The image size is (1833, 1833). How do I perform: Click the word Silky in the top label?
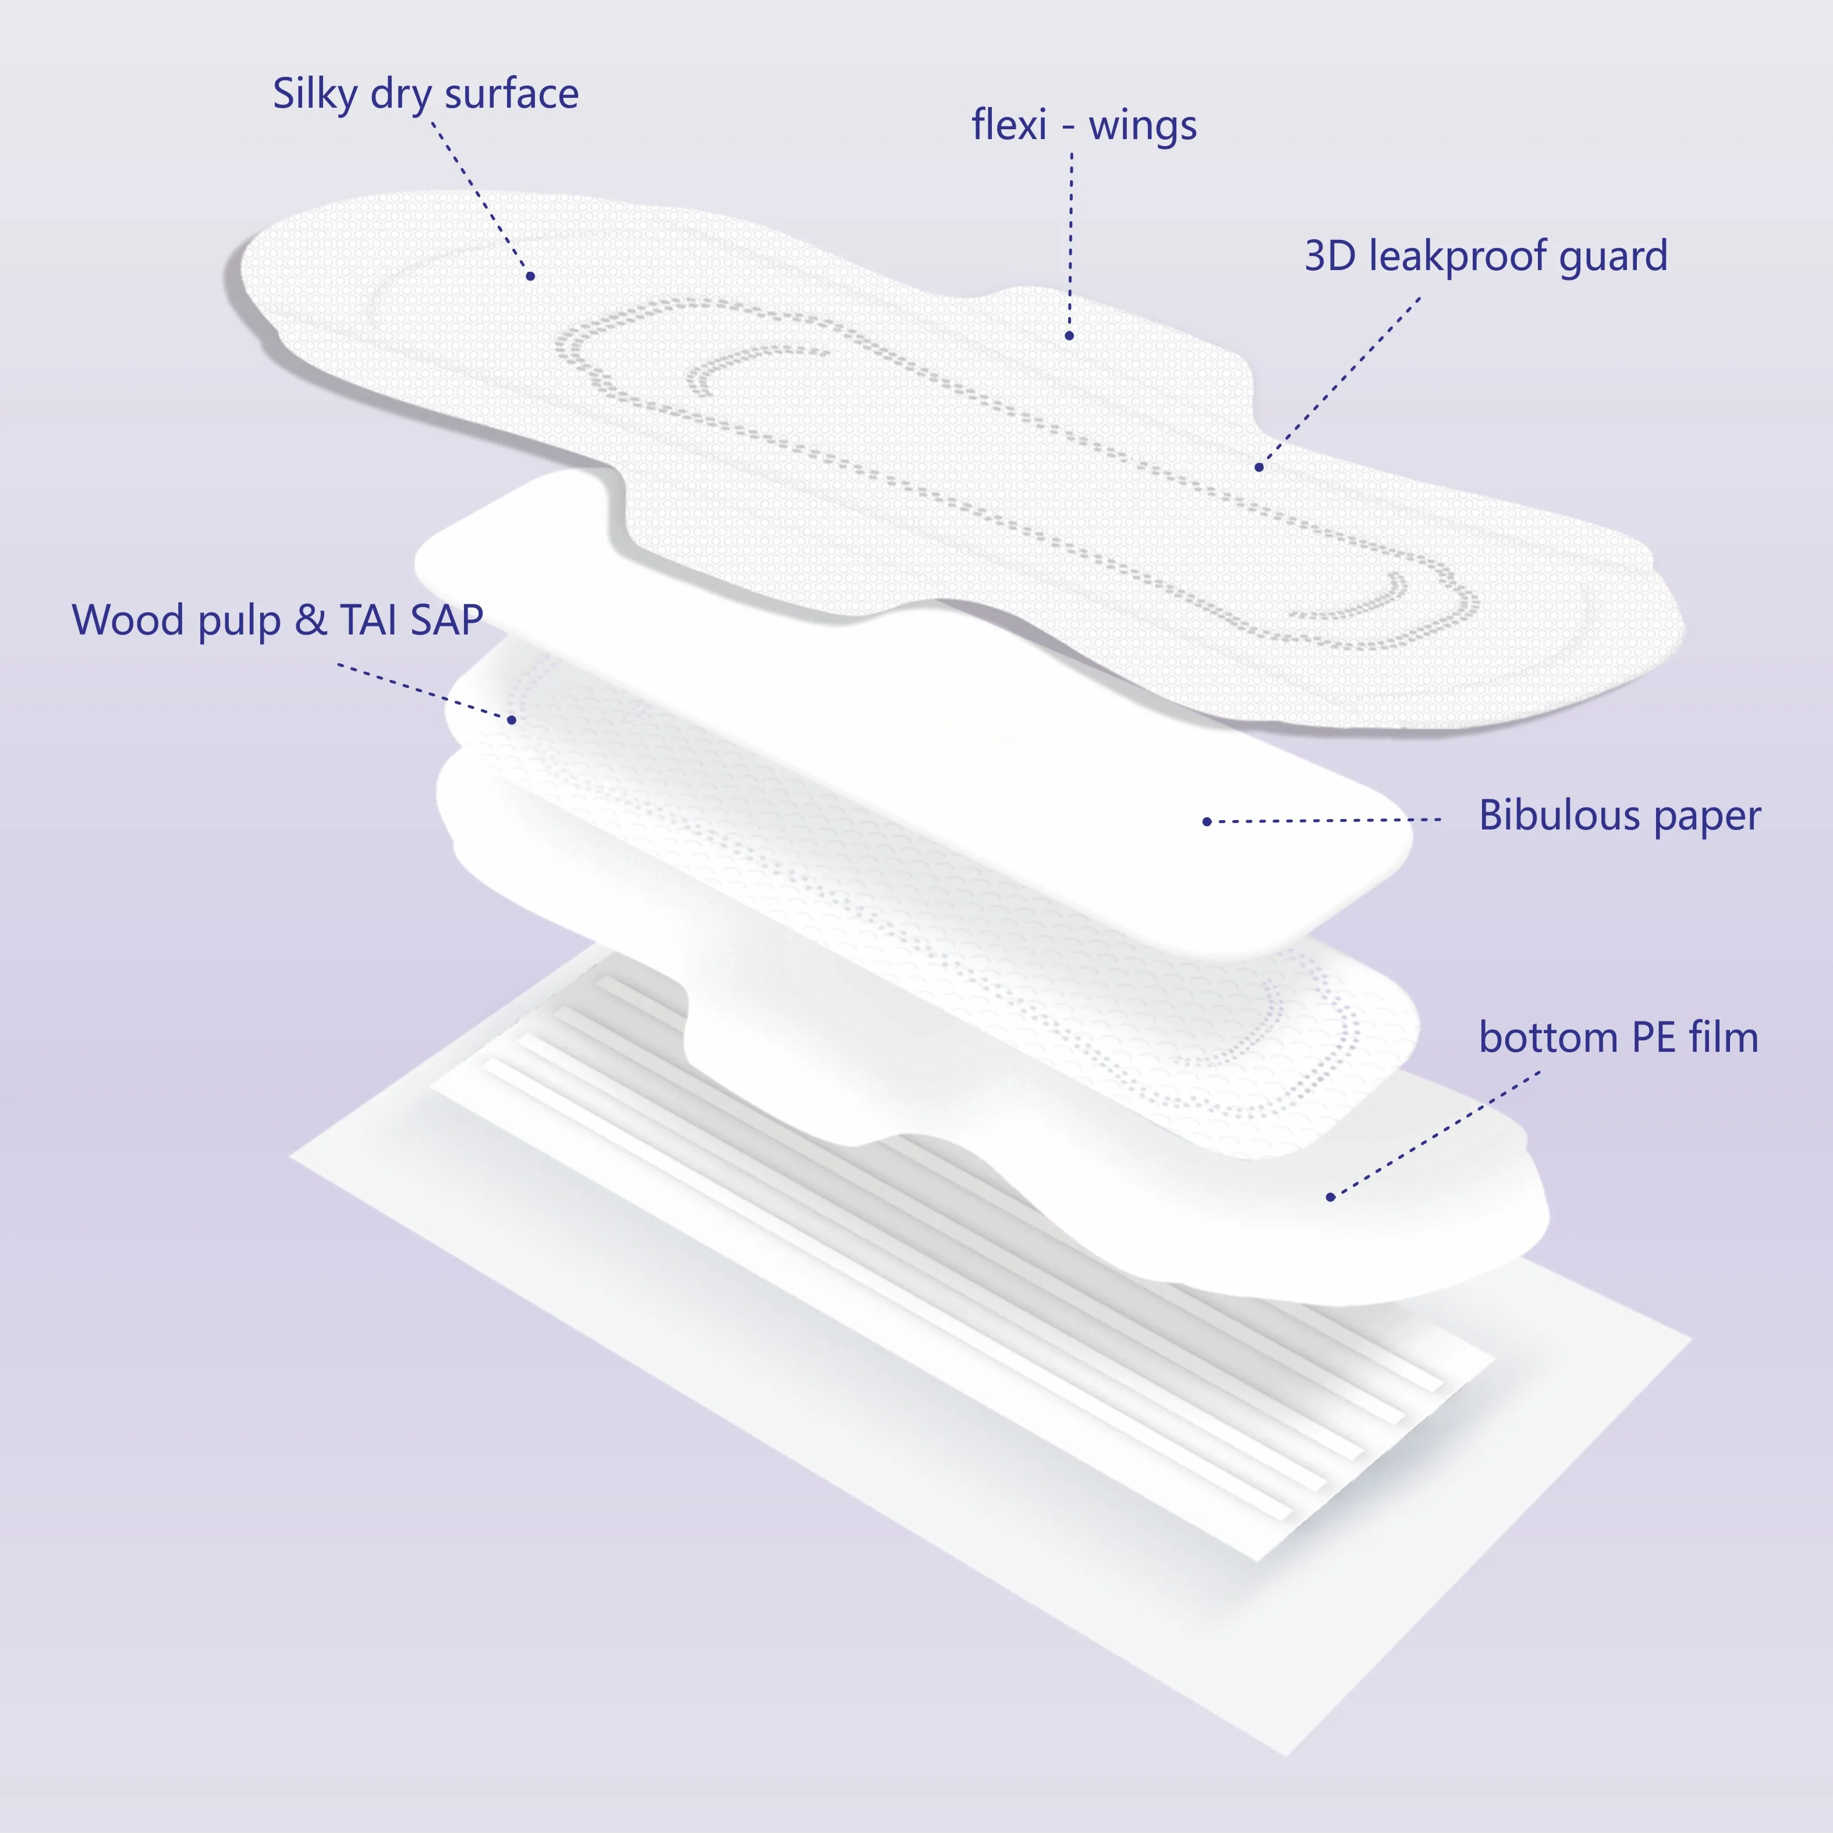pyautogui.click(x=316, y=94)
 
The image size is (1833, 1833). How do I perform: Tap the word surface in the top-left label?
pyautogui.click(x=512, y=94)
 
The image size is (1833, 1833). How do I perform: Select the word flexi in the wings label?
pyautogui.click(x=1009, y=125)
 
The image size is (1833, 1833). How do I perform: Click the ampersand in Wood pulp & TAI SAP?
pyautogui.click(x=310, y=621)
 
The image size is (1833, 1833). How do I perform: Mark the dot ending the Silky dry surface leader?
pyautogui.click(x=530, y=276)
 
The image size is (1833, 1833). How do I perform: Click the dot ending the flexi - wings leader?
pyautogui.click(x=1069, y=336)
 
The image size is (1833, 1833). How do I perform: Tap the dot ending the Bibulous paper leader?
pyautogui.click(x=1207, y=822)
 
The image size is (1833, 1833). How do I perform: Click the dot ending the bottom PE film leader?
pyautogui.click(x=1330, y=1197)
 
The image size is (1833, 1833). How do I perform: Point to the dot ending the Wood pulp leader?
pyautogui.click(x=512, y=720)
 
